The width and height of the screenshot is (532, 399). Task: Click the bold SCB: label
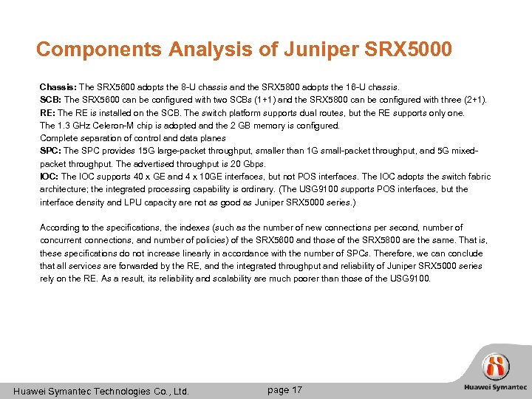(x=51, y=99)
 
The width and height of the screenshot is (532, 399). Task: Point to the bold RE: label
(x=48, y=112)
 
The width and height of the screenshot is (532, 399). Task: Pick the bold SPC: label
(x=51, y=151)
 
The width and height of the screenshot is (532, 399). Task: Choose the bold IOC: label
(x=50, y=177)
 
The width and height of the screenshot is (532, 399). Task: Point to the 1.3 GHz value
(x=72, y=125)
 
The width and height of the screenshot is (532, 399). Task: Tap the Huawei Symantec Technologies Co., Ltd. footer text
(x=102, y=390)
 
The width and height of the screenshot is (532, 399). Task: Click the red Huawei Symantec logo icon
(x=495, y=366)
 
